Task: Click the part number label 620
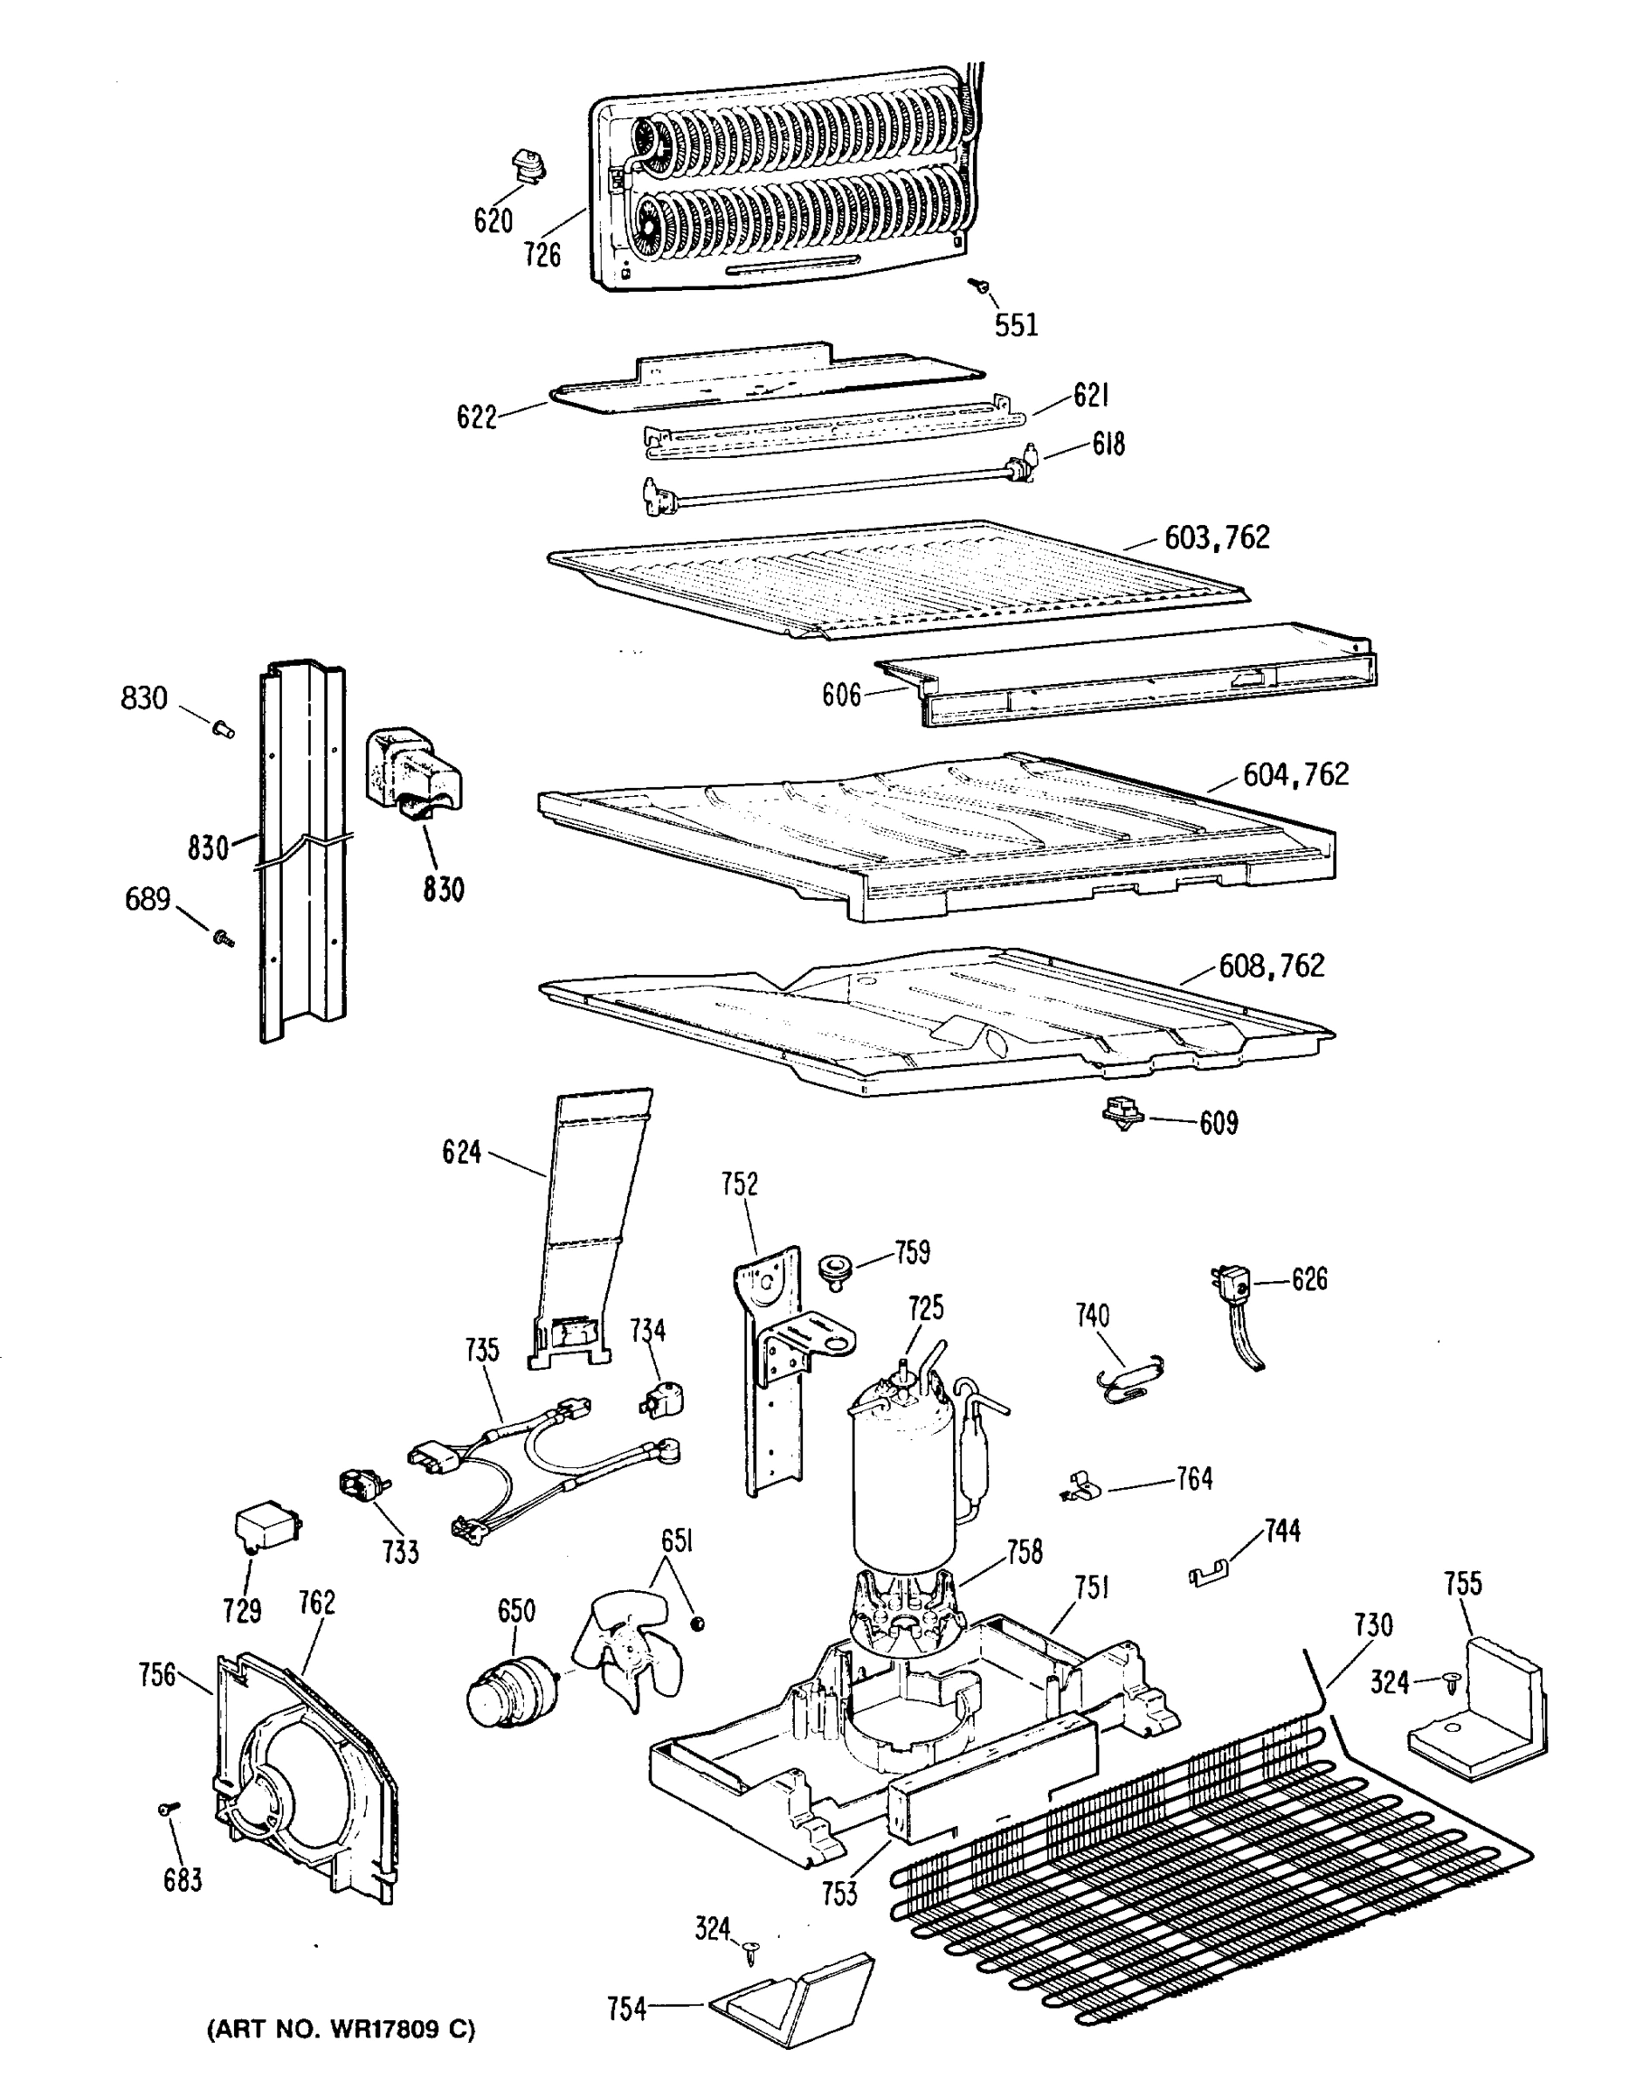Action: [x=493, y=222]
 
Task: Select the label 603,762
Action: [x=1217, y=537]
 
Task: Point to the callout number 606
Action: [x=841, y=696]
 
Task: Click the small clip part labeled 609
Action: [x=1121, y=1114]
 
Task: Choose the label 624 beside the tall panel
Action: [x=461, y=1152]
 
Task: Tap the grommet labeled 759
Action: [x=836, y=1268]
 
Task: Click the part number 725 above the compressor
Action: [x=926, y=1308]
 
